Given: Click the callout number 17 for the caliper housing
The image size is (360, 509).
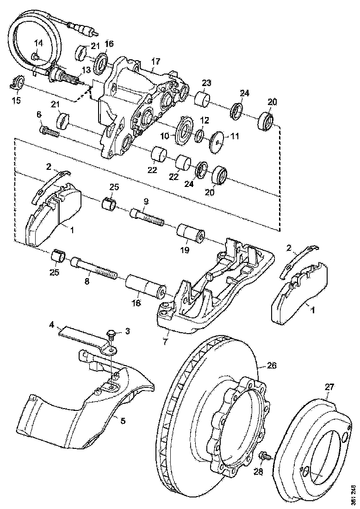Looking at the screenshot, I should [x=155, y=61].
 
